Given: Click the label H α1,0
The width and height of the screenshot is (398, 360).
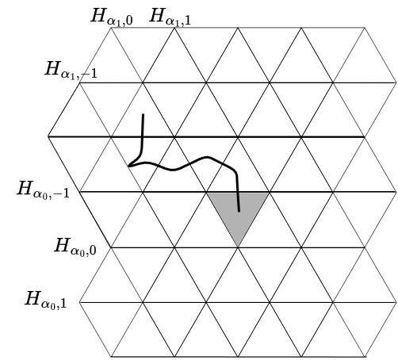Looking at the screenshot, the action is pyautogui.click(x=112, y=17).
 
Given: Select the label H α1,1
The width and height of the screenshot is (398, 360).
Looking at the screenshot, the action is pyautogui.click(x=170, y=17).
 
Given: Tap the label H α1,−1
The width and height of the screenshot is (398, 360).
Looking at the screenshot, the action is pyautogui.click(x=71, y=70).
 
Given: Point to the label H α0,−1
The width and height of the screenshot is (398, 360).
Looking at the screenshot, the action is pyautogui.click(x=43, y=190).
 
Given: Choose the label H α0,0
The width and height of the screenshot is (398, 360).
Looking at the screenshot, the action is pyautogui.click(x=75, y=247).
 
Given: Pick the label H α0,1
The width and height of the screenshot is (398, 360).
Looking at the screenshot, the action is pyautogui.click(x=46, y=300).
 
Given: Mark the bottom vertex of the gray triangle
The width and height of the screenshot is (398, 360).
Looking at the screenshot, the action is pyautogui.click(x=238, y=247).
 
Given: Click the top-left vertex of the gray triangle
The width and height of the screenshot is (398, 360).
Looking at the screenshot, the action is pyautogui.click(x=206, y=193).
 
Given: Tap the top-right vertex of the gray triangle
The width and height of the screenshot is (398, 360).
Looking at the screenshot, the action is pyautogui.click(x=270, y=193).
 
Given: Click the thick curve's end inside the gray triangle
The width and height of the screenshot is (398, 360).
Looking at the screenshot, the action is pyautogui.click(x=239, y=211).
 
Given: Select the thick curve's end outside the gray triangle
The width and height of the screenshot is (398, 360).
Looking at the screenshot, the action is pyautogui.click(x=144, y=114).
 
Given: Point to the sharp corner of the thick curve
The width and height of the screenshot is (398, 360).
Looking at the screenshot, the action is pyautogui.click(x=128, y=167).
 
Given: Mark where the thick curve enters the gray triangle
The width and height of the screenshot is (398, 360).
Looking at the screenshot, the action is pyautogui.click(x=238, y=193).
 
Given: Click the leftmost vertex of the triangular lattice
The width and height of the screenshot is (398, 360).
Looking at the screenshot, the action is pyautogui.click(x=48, y=136).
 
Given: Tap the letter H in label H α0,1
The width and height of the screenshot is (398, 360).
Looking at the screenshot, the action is pyautogui.click(x=33, y=298).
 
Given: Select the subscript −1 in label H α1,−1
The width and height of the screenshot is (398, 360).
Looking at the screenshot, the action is pyautogui.click(x=88, y=73).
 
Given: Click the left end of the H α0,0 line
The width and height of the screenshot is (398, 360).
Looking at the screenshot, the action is pyautogui.click(x=111, y=247).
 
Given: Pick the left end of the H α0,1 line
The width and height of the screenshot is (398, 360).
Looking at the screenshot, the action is pyautogui.click(x=79, y=302).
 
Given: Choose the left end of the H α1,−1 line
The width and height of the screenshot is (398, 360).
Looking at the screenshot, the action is pyautogui.click(x=79, y=82).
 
